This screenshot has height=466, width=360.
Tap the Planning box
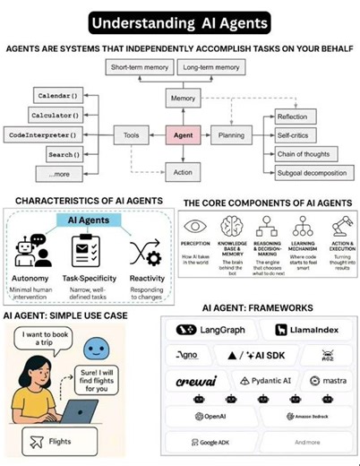[232, 135]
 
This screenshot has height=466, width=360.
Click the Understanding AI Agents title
[180, 20]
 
